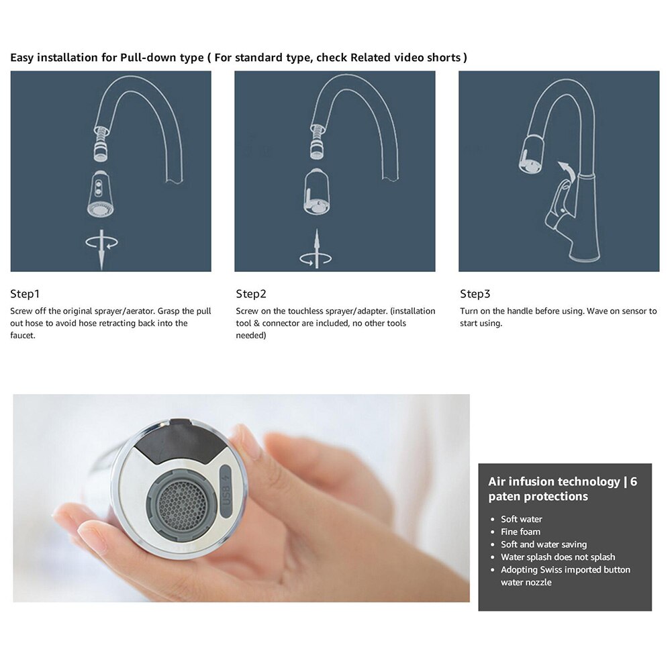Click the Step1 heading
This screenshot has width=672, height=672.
tap(25, 294)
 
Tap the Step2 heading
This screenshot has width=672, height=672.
tap(251, 294)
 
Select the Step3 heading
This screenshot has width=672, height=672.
tap(475, 294)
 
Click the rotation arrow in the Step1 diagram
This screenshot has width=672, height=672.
tap(101, 243)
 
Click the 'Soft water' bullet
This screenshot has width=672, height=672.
tap(521, 519)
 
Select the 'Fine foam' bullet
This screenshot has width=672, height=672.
tap(520, 532)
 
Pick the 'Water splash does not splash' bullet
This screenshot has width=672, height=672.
tap(557, 557)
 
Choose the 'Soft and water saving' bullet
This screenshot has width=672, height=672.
tap(543, 544)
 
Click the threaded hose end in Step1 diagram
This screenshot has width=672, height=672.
tap(101, 140)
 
